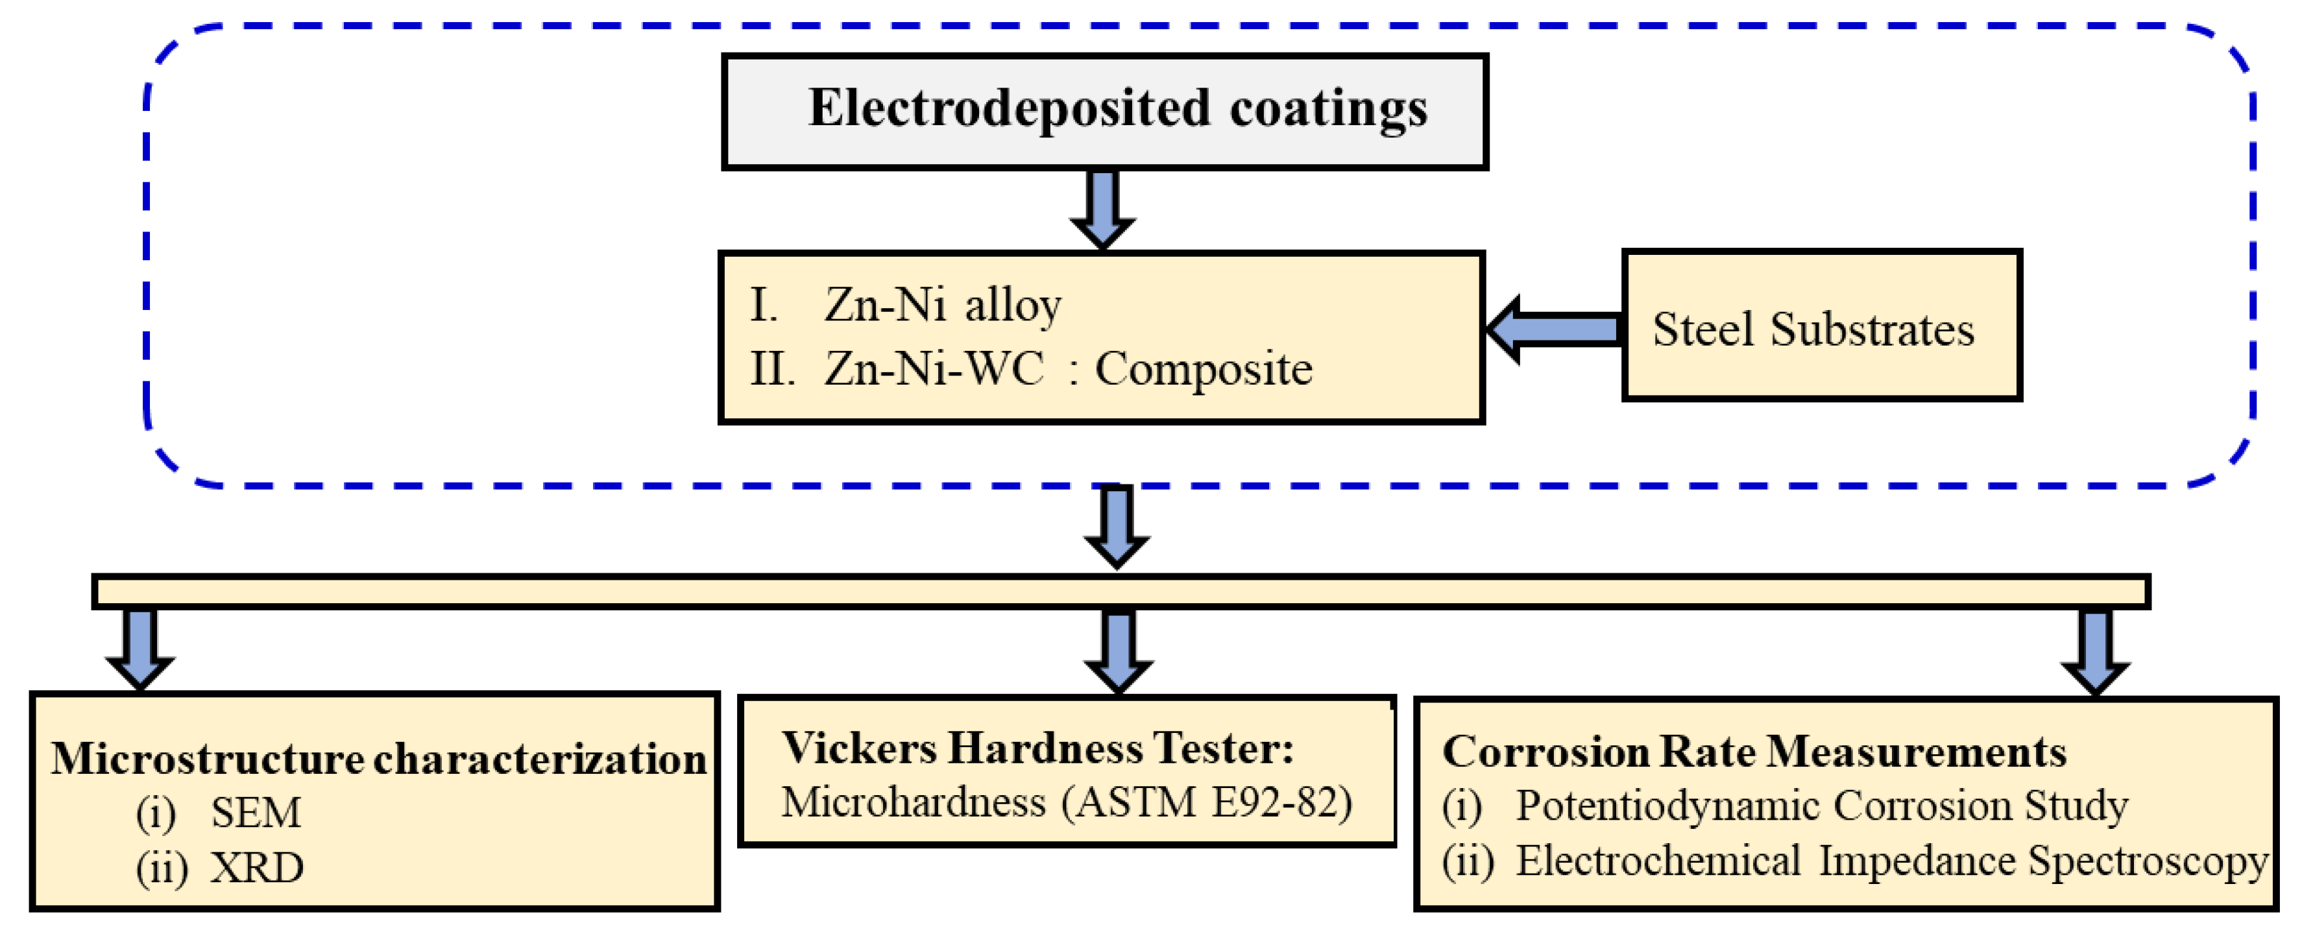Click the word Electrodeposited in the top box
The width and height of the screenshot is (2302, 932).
(1009, 109)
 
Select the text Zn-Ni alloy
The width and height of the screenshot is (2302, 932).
(942, 305)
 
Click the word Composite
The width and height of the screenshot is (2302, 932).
(1203, 369)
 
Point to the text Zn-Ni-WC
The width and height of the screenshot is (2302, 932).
(933, 368)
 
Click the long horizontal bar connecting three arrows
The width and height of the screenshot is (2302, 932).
(1121, 591)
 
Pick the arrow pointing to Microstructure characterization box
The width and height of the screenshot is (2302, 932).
(140, 648)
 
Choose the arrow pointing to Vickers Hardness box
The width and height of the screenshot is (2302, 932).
(1118, 651)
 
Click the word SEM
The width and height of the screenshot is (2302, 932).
(256, 812)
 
